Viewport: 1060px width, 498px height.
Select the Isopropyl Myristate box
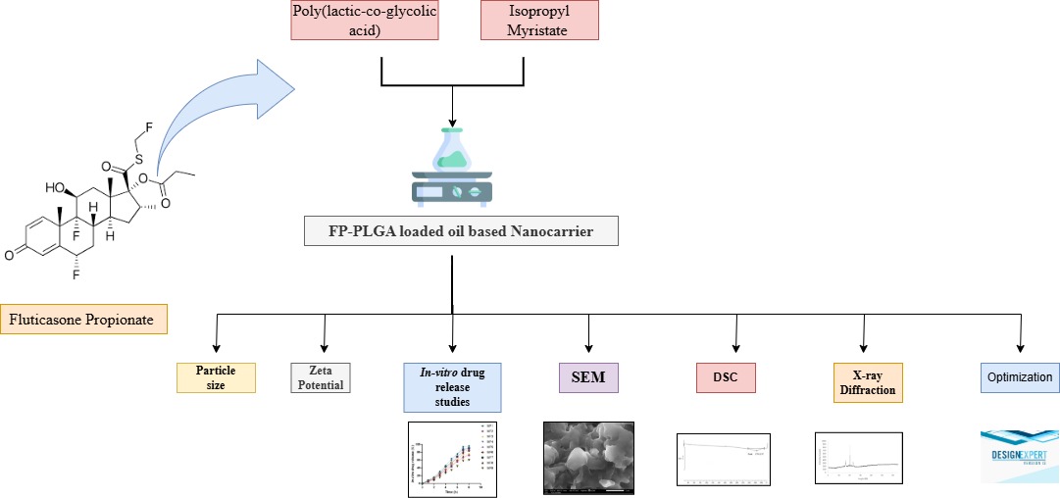click(538, 21)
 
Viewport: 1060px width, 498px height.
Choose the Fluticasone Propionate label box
click(83, 320)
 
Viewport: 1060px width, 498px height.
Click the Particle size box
click(216, 377)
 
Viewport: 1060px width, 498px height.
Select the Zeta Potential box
click(321, 377)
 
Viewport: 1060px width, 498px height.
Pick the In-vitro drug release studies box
click(452, 386)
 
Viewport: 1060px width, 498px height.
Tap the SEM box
click(588, 376)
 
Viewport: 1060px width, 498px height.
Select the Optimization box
click(1020, 377)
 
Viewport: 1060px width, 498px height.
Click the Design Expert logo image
click(1020, 456)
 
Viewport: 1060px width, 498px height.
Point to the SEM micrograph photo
click(588, 457)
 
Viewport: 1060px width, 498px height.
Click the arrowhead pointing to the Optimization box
click(1020, 349)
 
